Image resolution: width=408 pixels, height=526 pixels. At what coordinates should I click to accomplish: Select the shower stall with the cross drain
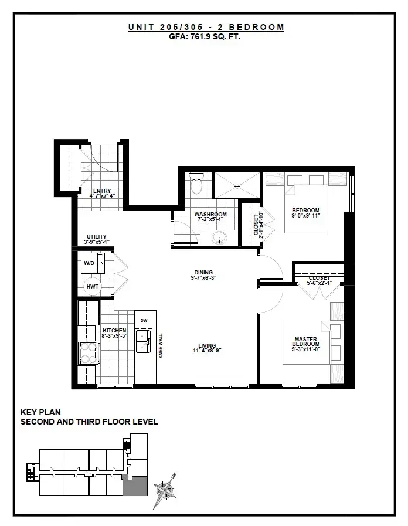point(237,185)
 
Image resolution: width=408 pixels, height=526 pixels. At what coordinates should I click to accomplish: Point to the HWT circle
point(93,287)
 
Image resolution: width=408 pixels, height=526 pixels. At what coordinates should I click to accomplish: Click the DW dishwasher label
point(144,320)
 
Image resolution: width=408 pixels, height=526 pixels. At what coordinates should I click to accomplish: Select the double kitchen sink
point(143,341)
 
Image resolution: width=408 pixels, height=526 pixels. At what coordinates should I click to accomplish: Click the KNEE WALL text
point(161,346)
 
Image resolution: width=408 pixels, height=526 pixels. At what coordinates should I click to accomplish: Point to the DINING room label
point(204,273)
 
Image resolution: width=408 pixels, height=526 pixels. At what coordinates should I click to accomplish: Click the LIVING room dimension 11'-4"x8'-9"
point(207,351)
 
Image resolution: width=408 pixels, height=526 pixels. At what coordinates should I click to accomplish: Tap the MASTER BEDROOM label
point(305,341)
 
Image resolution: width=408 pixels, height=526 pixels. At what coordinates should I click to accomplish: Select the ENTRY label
point(102,191)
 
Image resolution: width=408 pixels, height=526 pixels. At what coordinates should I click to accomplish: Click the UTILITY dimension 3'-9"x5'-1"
point(97,242)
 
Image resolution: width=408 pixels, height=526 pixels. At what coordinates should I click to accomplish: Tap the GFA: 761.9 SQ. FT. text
point(205,36)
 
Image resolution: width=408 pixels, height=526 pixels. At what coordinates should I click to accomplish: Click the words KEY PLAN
point(40,412)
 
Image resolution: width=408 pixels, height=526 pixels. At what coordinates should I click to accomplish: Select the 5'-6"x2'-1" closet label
point(319,283)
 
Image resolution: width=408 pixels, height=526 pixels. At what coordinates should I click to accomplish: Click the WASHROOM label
point(210,215)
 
